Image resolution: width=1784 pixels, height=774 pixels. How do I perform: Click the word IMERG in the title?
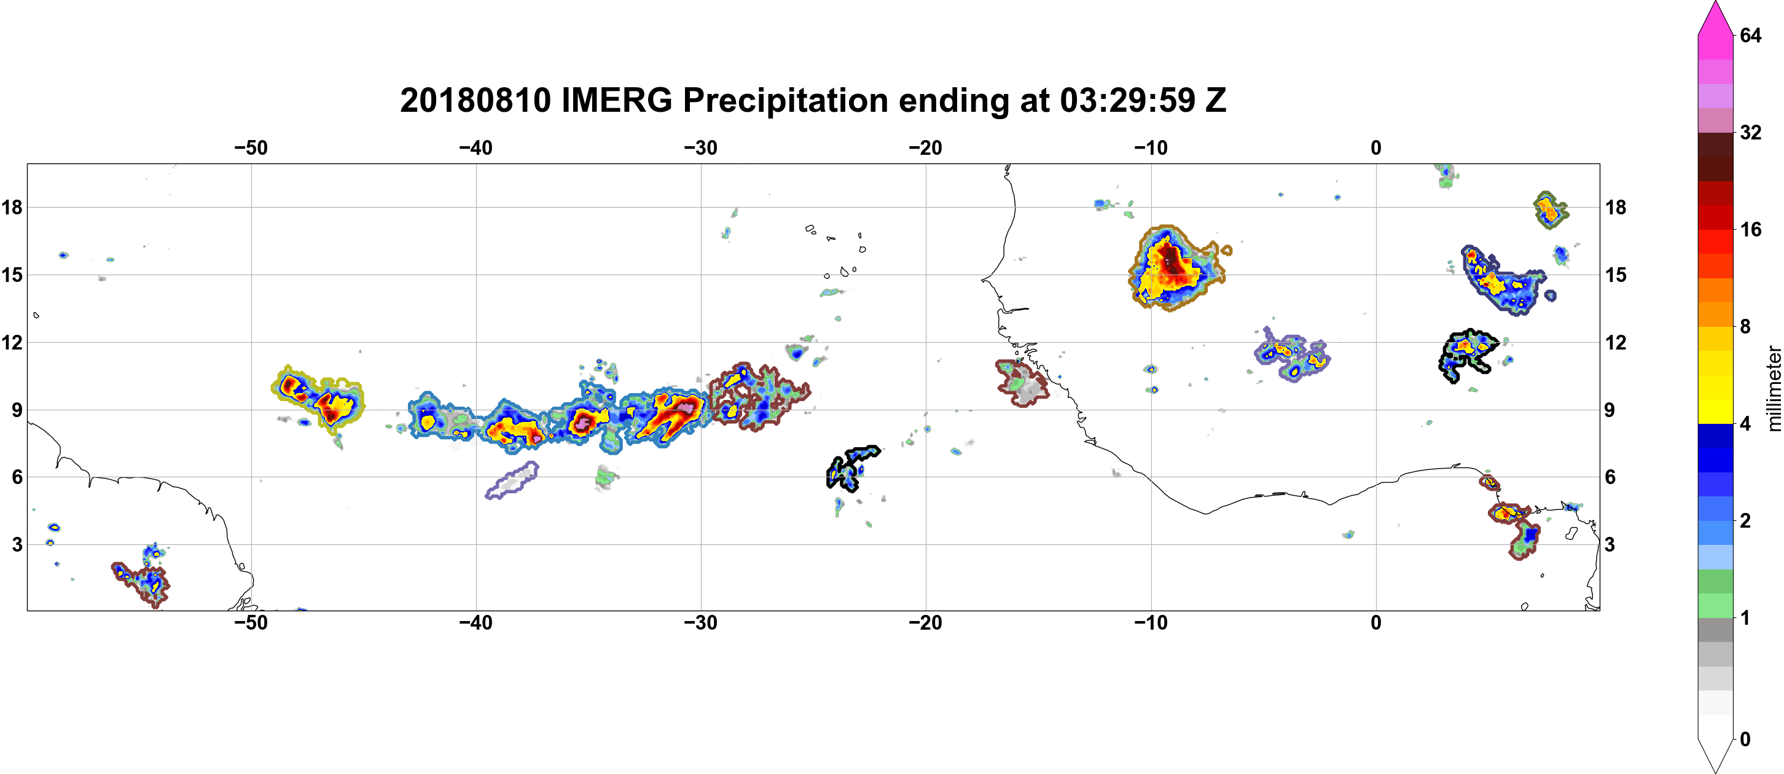(x=616, y=100)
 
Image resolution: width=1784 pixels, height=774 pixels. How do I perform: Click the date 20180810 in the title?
(x=475, y=100)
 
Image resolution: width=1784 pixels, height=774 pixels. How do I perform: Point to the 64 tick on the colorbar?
(x=1751, y=35)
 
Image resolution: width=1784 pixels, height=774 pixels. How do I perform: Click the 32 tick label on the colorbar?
(x=1751, y=132)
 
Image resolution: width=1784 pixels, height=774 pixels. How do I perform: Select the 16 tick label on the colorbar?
(x=1751, y=229)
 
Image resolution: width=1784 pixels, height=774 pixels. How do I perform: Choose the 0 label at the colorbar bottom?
(x=1745, y=740)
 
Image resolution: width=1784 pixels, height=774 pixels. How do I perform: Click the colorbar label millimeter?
(x=1774, y=388)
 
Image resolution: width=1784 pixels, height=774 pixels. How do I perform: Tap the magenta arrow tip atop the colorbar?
(x=1715, y=3)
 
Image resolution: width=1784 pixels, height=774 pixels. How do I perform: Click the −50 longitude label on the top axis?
(x=251, y=148)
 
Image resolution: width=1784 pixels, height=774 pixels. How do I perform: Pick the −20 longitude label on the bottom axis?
(x=925, y=623)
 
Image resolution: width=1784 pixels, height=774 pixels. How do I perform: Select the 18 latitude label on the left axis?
(x=12, y=207)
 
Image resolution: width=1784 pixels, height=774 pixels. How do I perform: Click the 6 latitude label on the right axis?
(x=1610, y=477)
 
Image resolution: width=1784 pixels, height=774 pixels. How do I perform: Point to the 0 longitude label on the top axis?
(x=1376, y=148)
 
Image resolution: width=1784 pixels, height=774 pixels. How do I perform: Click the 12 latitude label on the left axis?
(x=12, y=342)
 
